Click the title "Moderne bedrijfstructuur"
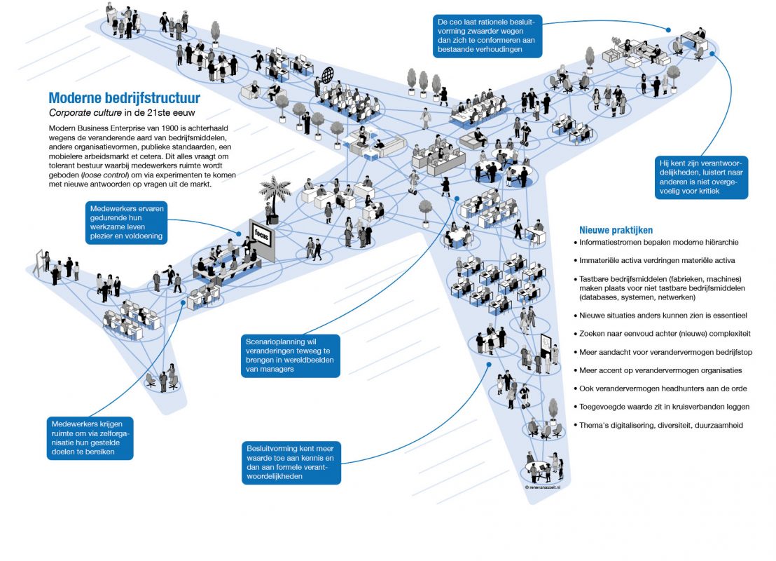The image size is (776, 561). click(x=124, y=97)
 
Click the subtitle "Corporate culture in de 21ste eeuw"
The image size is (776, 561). click(x=122, y=112)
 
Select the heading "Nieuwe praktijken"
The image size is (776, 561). click(x=616, y=230)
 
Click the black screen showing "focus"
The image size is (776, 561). click(x=262, y=240)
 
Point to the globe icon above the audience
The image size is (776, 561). click(x=328, y=76)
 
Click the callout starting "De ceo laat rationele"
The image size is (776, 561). click(x=487, y=36)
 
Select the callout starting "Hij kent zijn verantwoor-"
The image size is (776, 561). click(x=701, y=177)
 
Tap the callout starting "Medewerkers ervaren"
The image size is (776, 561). click(x=126, y=222)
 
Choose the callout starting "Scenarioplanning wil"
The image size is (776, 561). click(x=291, y=356)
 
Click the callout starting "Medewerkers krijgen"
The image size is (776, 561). click(x=90, y=438)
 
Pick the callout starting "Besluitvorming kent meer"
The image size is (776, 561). click(x=291, y=462)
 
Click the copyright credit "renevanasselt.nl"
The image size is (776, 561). click(x=543, y=487)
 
